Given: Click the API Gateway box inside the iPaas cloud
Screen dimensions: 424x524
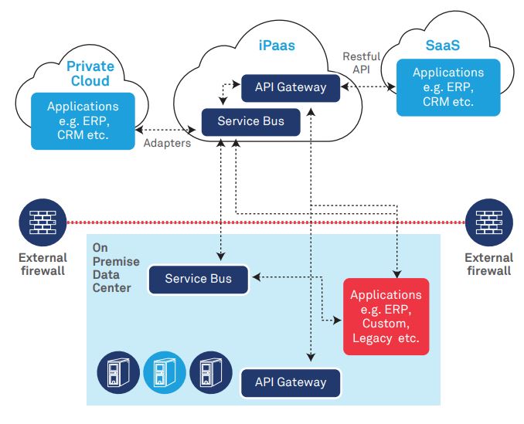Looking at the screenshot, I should click(x=290, y=87).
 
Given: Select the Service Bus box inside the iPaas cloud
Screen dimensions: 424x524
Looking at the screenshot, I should click(x=250, y=121).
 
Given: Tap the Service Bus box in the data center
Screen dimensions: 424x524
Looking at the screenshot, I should click(x=199, y=279).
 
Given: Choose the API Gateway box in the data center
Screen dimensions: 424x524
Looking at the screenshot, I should click(x=290, y=382).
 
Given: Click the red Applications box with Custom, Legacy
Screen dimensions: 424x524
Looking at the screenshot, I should click(x=386, y=317).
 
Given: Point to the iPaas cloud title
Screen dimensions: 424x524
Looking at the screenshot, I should click(x=276, y=46).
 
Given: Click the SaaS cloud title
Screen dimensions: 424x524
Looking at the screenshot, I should click(x=442, y=46).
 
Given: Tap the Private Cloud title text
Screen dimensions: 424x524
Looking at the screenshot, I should click(x=87, y=74).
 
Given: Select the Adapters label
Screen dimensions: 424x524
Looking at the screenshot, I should click(x=167, y=144).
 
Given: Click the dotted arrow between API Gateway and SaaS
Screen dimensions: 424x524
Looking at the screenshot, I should click(x=368, y=87).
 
